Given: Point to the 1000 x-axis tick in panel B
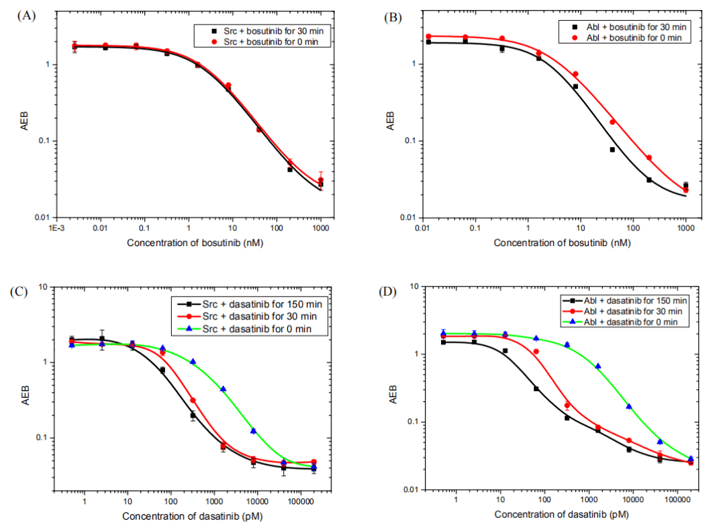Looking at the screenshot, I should tap(685, 229).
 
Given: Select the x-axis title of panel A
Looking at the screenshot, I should tap(194, 242).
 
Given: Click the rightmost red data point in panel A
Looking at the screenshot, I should tap(321, 180).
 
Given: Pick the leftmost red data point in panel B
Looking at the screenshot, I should tap(428, 36).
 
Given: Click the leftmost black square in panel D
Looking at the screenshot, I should tap(442, 342).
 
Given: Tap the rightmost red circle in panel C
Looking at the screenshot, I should tap(313, 462).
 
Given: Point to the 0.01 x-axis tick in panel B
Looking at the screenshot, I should tap(423, 229).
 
